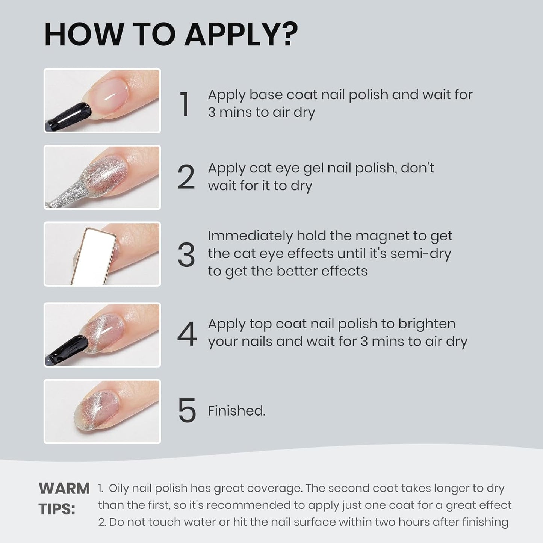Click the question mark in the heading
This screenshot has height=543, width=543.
pyautogui.click(x=286, y=34)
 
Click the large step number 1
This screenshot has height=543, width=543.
pyautogui.click(x=185, y=104)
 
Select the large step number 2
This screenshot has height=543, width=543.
pyautogui.click(x=186, y=177)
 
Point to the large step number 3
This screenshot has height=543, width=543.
pyautogui.click(x=186, y=255)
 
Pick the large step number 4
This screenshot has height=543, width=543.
pyautogui.click(x=186, y=334)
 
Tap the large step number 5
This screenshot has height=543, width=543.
pyautogui.click(x=186, y=411)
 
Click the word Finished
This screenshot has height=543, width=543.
pyautogui.click(x=237, y=411)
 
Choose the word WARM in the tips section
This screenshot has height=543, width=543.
pyautogui.click(x=64, y=489)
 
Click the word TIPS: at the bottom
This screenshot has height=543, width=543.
pyautogui.click(x=57, y=510)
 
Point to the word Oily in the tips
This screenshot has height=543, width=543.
pyautogui.click(x=118, y=489)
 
